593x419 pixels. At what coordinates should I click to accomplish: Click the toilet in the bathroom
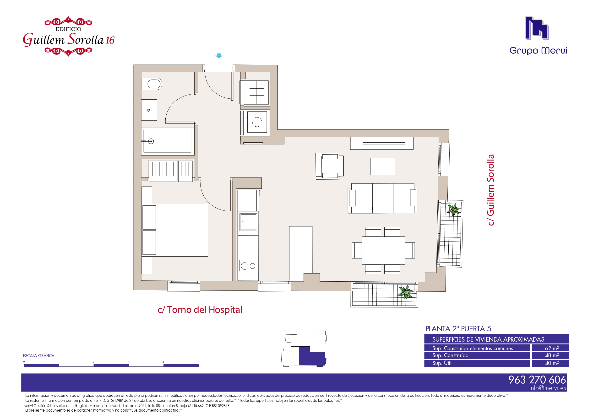pyautogui.click(x=152, y=84)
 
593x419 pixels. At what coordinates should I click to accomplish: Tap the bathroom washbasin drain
pyautogui.click(x=148, y=110)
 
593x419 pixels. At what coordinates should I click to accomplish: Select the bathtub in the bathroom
pyautogui.click(x=167, y=141)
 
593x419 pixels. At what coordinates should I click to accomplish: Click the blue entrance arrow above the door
pyautogui.click(x=219, y=56)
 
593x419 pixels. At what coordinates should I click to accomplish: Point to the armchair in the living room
pyautogui.click(x=330, y=166)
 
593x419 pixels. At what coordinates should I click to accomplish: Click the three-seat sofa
pyautogui.click(x=383, y=198)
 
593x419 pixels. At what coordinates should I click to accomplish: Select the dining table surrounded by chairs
pyautogui.click(x=383, y=250)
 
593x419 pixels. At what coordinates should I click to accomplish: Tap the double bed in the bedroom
pyautogui.click(x=175, y=230)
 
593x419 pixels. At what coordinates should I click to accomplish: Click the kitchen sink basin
pyautogui.click(x=248, y=222)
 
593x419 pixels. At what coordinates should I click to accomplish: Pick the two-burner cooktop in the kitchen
pyautogui.click(x=248, y=266)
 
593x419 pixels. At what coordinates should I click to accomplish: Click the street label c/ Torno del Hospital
pyautogui.click(x=200, y=310)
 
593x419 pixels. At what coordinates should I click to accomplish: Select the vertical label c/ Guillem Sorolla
pyautogui.click(x=490, y=190)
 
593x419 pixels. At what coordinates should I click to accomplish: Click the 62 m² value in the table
pyautogui.click(x=552, y=348)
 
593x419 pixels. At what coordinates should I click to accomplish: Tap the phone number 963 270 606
pyautogui.click(x=537, y=380)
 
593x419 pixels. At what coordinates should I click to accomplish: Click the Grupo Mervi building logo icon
pyautogui.click(x=537, y=28)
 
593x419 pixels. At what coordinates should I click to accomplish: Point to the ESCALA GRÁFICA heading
pyautogui.click(x=39, y=356)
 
